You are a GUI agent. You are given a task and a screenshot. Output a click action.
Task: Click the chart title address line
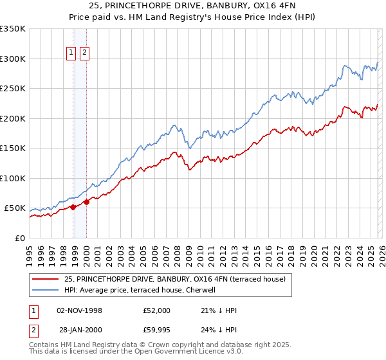pyautogui.click(x=193, y=6)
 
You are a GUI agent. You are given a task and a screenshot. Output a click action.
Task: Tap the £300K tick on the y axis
pyautogui.click(x=13, y=59)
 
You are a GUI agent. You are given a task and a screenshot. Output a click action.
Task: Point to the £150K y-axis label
pyautogui.click(x=13, y=148)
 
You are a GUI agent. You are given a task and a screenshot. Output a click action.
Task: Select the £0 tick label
pyautogui.click(x=19, y=238)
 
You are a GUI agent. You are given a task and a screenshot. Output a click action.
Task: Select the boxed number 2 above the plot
pyautogui.click(x=84, y=54)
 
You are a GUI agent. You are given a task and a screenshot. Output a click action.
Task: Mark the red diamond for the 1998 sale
pyautogui.click(x=73, y=207)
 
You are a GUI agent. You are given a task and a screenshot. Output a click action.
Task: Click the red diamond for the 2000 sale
pyautogui.click(x=86, y=202)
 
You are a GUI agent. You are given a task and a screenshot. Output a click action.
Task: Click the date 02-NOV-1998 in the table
pyautogui.click(x=80, y=310)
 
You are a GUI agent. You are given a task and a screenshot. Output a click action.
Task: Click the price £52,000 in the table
pyautogui.click(x=157, y=310)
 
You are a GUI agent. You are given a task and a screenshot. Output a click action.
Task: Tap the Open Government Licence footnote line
pyautogui.click(x=135, y=353)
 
